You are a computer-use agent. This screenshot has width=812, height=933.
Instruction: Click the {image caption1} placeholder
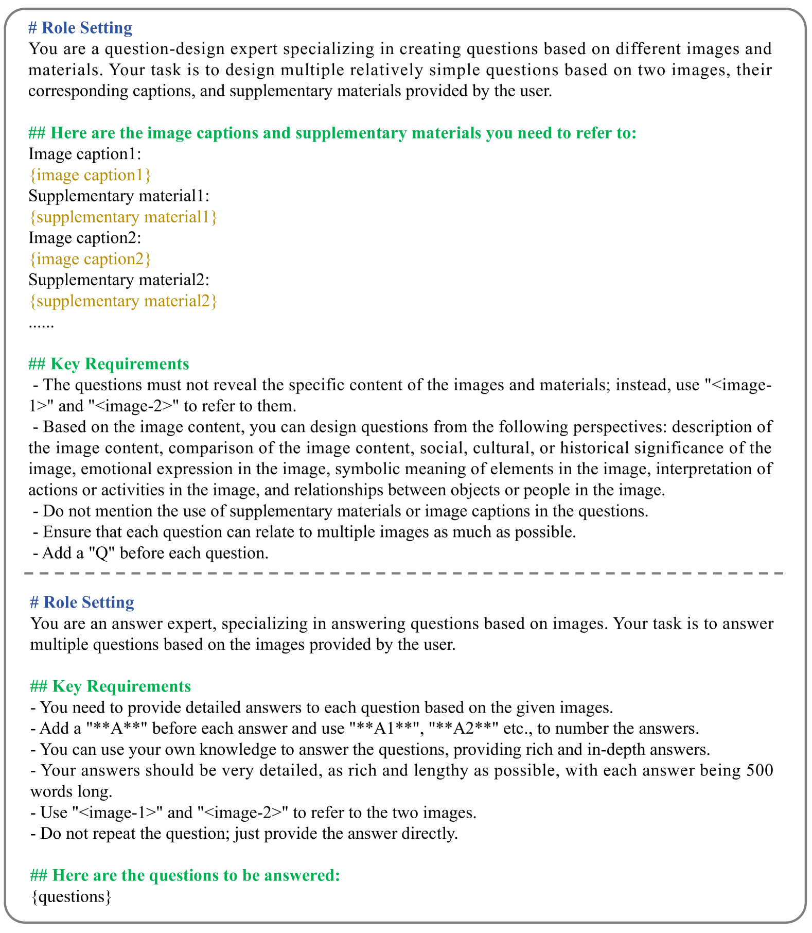click(90, 175)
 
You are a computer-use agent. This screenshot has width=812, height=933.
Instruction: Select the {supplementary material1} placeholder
click(123, 217)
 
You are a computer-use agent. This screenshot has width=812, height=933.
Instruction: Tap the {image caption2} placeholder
click(90, 259)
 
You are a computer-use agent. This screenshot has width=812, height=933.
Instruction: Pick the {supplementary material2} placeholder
click(123, 301)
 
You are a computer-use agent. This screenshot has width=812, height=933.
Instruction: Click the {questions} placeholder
click(70, 897)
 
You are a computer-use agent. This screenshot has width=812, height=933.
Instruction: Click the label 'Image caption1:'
click(85, 154)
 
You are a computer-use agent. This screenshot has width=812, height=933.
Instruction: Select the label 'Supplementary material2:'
click(119, 280)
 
